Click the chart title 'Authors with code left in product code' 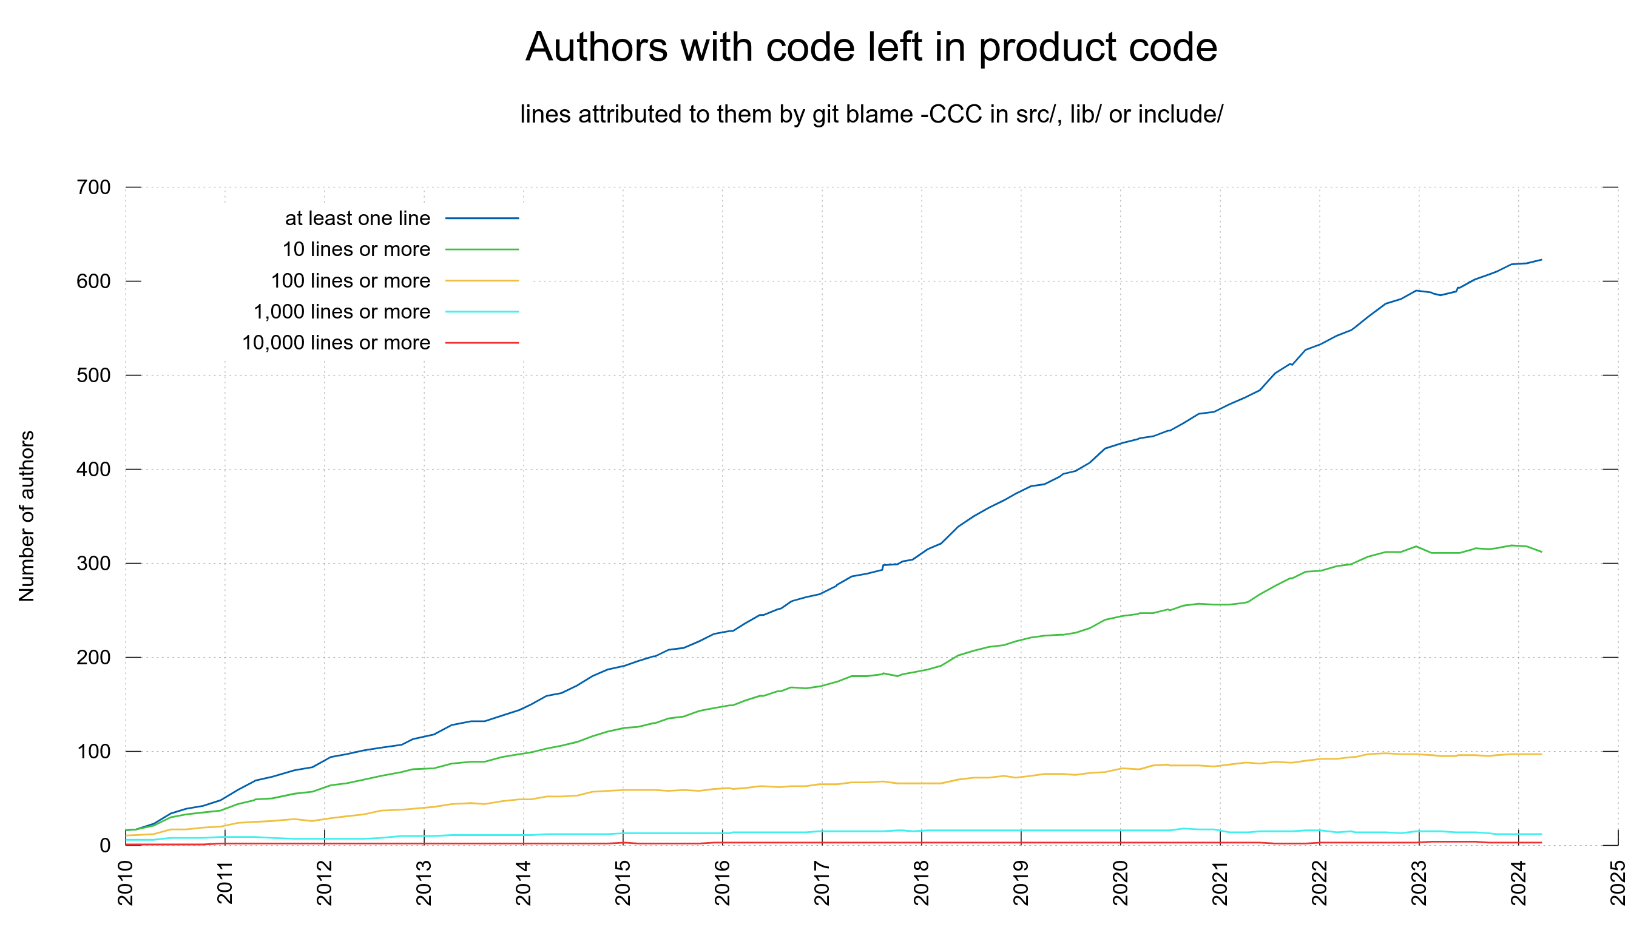tap(871, 47)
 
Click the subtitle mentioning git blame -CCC tap(871, 115)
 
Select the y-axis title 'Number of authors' tap(27, 516)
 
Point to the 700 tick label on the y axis tap(93, 187)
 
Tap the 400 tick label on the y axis tap(93, 469)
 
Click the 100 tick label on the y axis tap(93, 751)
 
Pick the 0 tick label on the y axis tap(105, 845)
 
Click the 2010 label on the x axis tap(126, 883)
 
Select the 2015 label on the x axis tap(623, 883)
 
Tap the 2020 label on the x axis tap(1120, 883)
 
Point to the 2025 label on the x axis tap(1618, 883)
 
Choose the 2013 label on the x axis tap(424, 883)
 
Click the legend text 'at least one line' tap(357, 218)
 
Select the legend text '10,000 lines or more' tap(336, 343)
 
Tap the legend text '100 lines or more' tap(351, 281)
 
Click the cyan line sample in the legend tap(482, 312)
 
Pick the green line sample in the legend tap(482, 249)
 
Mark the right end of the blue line tap(1541, 260)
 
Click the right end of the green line tap(1541, 551)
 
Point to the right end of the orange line tap(1541, 754)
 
